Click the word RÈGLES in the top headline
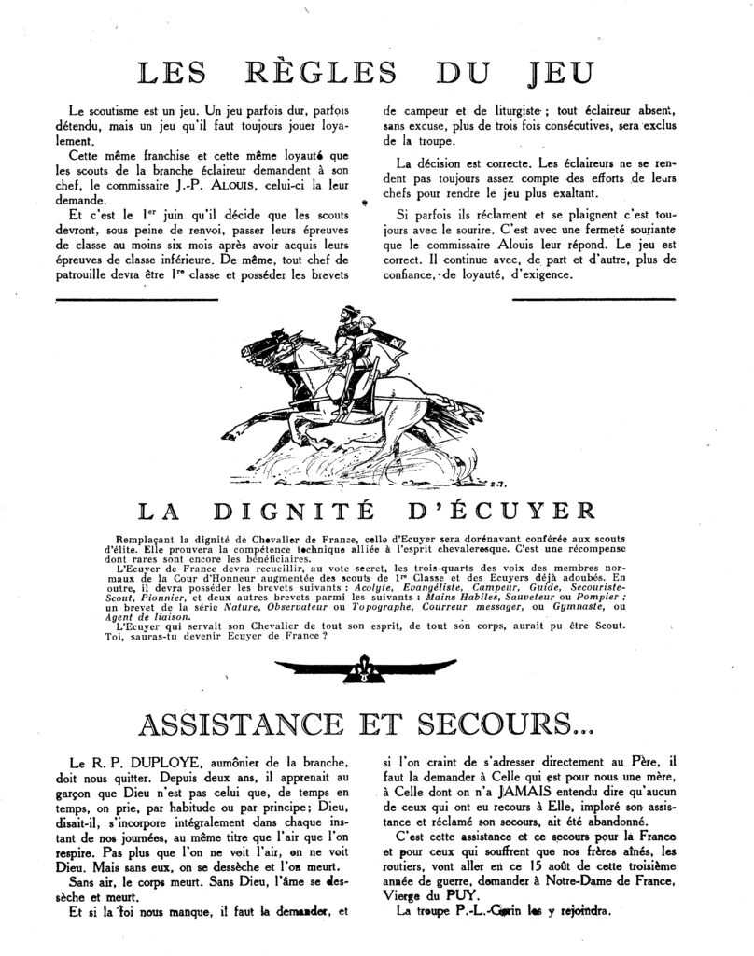pos(292,75)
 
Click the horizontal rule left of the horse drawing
pos(137,299)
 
